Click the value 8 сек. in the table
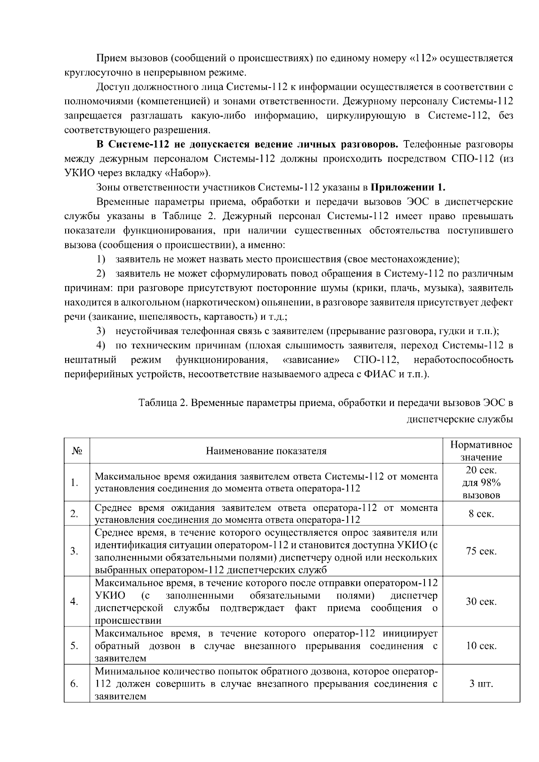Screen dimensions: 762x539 [x=481, y=514]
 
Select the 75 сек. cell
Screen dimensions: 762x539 [x=481, y=551]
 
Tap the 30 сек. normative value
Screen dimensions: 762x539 [x=481, y=601]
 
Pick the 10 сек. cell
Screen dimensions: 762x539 [x=481, y=646]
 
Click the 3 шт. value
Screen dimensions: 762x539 [x=481, y=684]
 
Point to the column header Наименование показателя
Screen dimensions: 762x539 [x=266, y=451]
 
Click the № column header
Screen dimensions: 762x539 [x=76, y=451]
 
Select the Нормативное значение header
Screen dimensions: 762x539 [x=481, y=451]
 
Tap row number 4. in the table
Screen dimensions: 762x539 [x=75, y=601]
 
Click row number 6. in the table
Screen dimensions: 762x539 [x=75, y=684]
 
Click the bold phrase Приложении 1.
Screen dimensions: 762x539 [x=408, y=187]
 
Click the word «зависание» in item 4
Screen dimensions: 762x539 [x=311, y=360]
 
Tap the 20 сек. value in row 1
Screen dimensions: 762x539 [x=481, y=470]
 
